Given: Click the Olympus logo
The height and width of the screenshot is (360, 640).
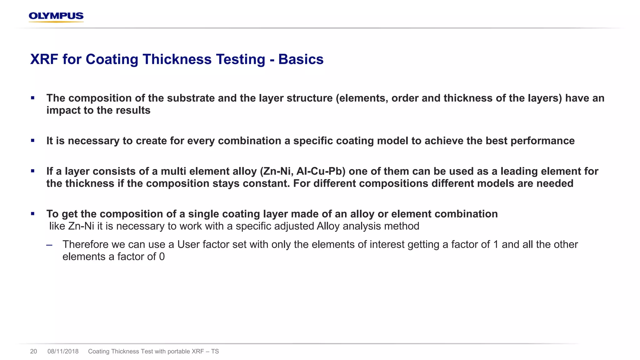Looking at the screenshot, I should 56,17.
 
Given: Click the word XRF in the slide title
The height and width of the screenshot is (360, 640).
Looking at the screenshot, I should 44,59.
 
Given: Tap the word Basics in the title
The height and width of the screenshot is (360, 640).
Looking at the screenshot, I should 301,59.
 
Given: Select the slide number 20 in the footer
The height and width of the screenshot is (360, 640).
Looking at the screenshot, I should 33,352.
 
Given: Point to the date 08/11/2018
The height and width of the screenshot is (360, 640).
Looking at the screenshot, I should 63,352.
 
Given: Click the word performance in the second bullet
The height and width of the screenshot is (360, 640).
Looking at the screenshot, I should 542,141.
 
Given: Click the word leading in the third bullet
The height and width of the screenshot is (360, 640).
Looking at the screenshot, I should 519,171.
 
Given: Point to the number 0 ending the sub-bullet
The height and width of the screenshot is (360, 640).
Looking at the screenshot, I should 162,257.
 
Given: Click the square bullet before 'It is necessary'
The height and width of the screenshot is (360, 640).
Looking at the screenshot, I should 32,141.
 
